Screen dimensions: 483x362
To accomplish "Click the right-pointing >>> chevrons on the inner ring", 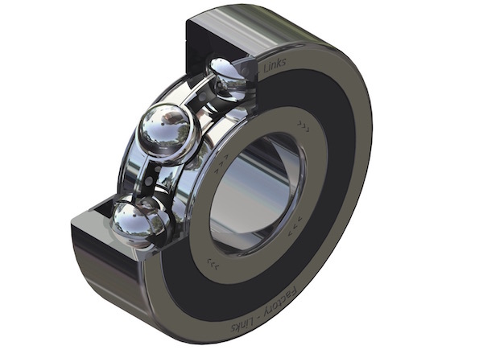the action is pyautogui.click(x=303, y=126).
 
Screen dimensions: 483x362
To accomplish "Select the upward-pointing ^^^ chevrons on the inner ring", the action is pyautogui.click(x=221, y=163).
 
